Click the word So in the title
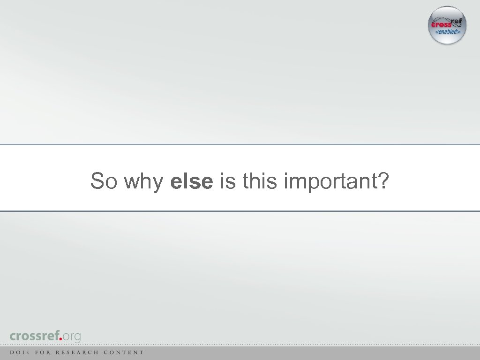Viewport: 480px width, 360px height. tap(104, 181)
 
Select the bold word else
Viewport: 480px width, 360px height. tap(192, 181)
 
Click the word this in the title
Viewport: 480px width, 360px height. tap(259, 181)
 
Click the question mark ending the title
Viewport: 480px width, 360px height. tap(382, 181)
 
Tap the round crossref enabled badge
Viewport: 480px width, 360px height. tap(447, 25)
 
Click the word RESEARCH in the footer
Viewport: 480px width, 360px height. tap(77, 352)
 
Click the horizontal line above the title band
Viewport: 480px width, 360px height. tap(240, 144)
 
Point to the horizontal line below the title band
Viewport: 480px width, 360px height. tap(240, 211)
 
